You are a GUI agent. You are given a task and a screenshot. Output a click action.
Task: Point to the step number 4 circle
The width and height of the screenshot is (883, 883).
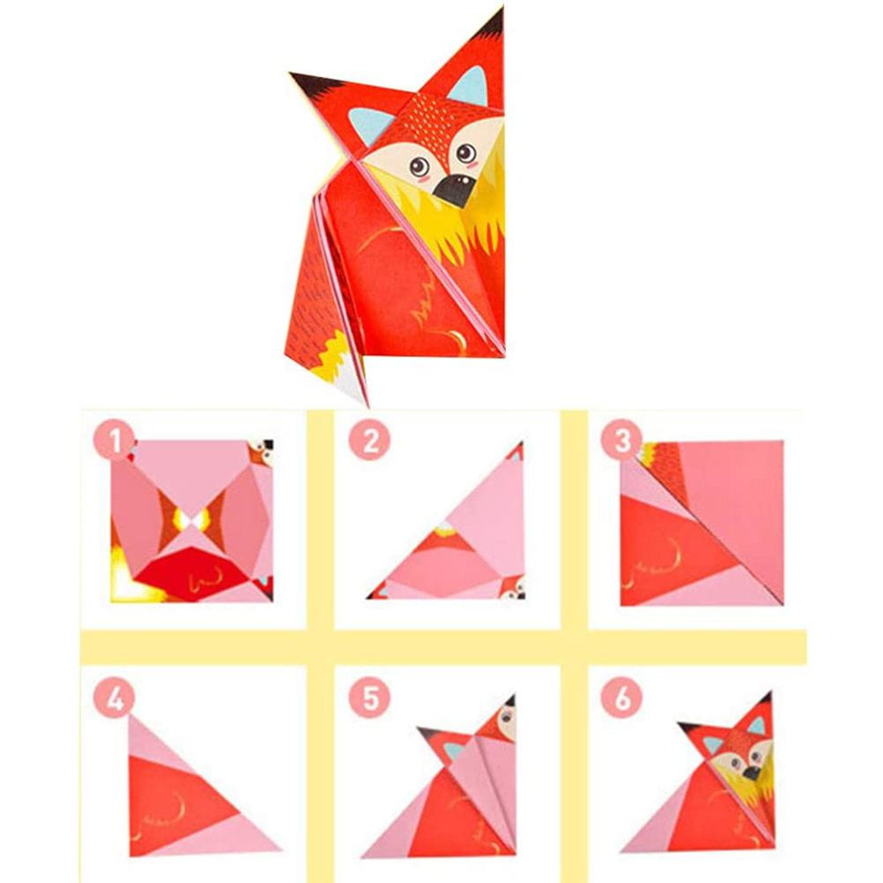[114, 698]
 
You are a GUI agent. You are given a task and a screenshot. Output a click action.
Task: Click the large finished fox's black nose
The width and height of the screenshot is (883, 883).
[455, 189]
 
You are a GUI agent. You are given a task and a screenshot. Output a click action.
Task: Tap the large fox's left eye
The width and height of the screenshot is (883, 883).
[419, 166]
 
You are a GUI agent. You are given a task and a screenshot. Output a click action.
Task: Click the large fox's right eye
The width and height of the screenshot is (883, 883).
[465, 152]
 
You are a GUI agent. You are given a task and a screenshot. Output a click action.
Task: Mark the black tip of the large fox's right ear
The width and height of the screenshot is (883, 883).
[494, 24]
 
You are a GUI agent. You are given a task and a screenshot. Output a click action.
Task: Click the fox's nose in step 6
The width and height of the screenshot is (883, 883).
[751, 773]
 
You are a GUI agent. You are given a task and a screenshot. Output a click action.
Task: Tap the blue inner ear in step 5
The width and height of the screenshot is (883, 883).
[454, 750]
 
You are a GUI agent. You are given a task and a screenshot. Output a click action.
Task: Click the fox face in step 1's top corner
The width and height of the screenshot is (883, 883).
[261, 452]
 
